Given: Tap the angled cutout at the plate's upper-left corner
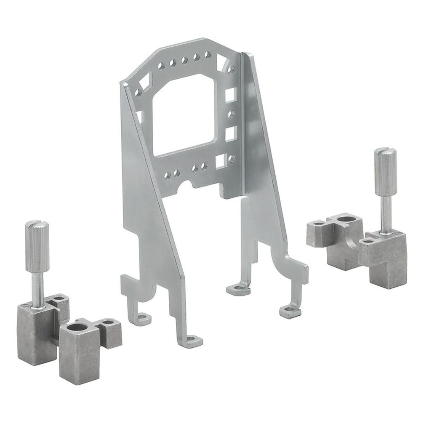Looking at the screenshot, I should (145, 78).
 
